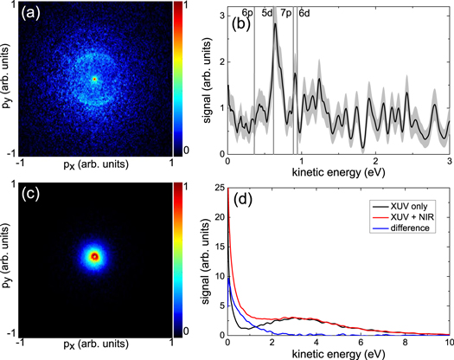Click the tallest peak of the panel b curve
(275, 25)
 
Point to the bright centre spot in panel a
(95, 78)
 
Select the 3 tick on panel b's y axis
(221, 15)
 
